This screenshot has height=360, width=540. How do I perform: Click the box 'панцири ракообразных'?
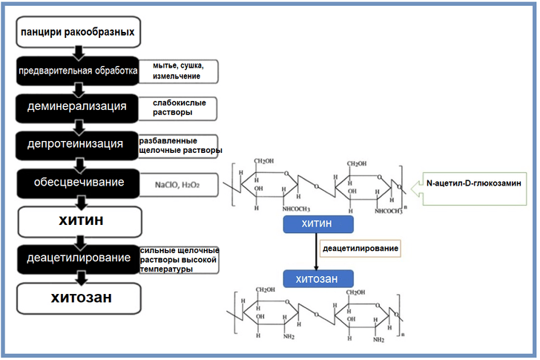pos(78,33)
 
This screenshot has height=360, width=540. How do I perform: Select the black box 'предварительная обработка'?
pos(78,71)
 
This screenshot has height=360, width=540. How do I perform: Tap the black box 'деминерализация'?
pos(77,107)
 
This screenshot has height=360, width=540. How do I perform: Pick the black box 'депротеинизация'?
pos(77,144)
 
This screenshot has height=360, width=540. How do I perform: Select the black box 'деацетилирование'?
pos(77,258)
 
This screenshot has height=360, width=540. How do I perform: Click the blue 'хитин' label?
pos(317,223)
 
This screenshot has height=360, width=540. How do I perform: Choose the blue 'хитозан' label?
pos(317,279)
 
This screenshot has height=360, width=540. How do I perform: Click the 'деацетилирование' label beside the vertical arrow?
pos(360,248)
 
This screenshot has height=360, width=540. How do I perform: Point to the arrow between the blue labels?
pos(317,251)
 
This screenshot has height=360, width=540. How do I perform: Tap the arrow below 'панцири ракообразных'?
pos(78,51)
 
